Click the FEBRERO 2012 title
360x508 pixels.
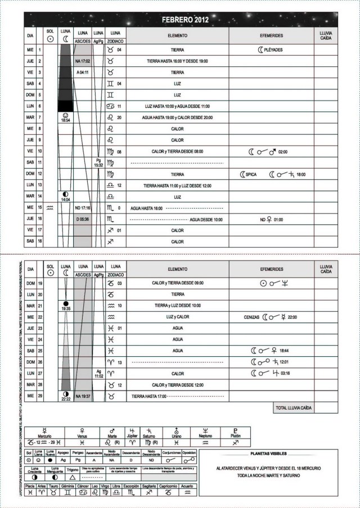tap(185, 20)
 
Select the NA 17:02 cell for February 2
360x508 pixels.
tap(83, 61)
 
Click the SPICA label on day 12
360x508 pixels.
tap(251, 174)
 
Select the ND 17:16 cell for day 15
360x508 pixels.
tap(83, 208)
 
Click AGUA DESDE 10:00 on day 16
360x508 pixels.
tap(206, 220)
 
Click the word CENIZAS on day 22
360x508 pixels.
tap(251, 317)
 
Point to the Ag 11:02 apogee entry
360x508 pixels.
tap(98, 374)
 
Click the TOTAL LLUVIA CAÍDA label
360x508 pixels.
tap(294, 407)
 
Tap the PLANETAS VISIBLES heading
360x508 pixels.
tap(271, 453)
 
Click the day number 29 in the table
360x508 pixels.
tap(40, 396)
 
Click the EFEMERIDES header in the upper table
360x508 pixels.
tap(272, 35)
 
